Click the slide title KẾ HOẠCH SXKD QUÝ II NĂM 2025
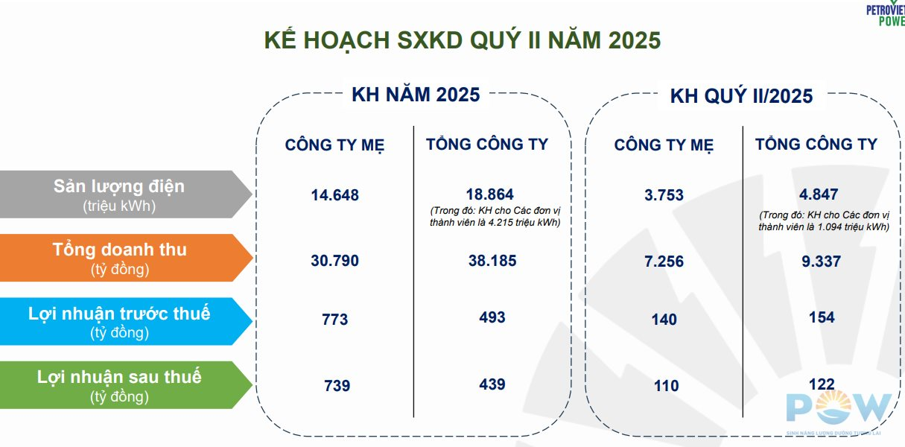[x=463, y=39]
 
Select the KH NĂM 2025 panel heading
[x=416, y=95]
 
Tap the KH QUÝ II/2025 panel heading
[x=741, y=96]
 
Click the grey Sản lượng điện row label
[x=119, y=194]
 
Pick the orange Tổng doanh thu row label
[x=119, y=258]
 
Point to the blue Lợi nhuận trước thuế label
[x=119, y=321]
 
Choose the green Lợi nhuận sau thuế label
[x=119, y=384]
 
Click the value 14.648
[x=335, y=195]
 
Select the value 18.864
[x=489, y=194]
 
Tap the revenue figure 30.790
[x=335, y=261]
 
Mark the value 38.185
[x=489, y=261]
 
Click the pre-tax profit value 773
[x=335, y=320]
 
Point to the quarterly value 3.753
[x=664, y=195]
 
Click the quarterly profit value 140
[x=664, y=320]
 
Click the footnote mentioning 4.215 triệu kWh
[x=495, y=216]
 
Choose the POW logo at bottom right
[x=838, y=410]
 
